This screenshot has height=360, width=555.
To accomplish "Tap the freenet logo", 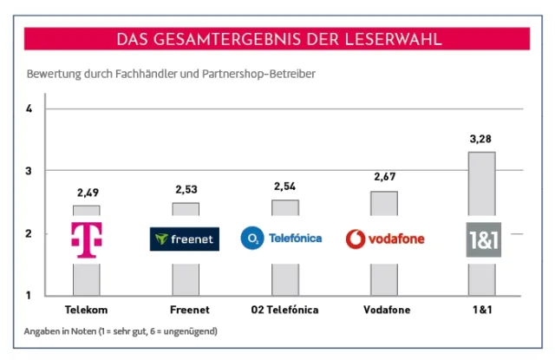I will (x=185, y=239).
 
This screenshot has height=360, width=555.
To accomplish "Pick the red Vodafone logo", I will (x=384, y=238).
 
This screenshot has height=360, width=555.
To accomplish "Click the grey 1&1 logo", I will (x=483, y=239).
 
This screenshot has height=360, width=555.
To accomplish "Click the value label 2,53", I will (x=186, y=189).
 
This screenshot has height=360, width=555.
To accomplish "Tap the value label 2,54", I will (x=285, y=187).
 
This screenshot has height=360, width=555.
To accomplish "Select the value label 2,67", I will (x=384, y=177).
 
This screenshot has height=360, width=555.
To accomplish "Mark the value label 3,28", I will (x=482, y=139).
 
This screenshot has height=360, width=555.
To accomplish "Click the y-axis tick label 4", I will (x=29, y=109).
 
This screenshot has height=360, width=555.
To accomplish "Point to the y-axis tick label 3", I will (x=29, y=171).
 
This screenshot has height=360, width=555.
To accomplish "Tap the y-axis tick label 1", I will (x=29, y=296).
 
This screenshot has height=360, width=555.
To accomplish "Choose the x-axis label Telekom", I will (x=86, y=310).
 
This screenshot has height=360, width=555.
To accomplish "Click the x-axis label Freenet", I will (x=186, y=310).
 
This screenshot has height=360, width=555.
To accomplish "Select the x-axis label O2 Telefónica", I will (x=284, y=310).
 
